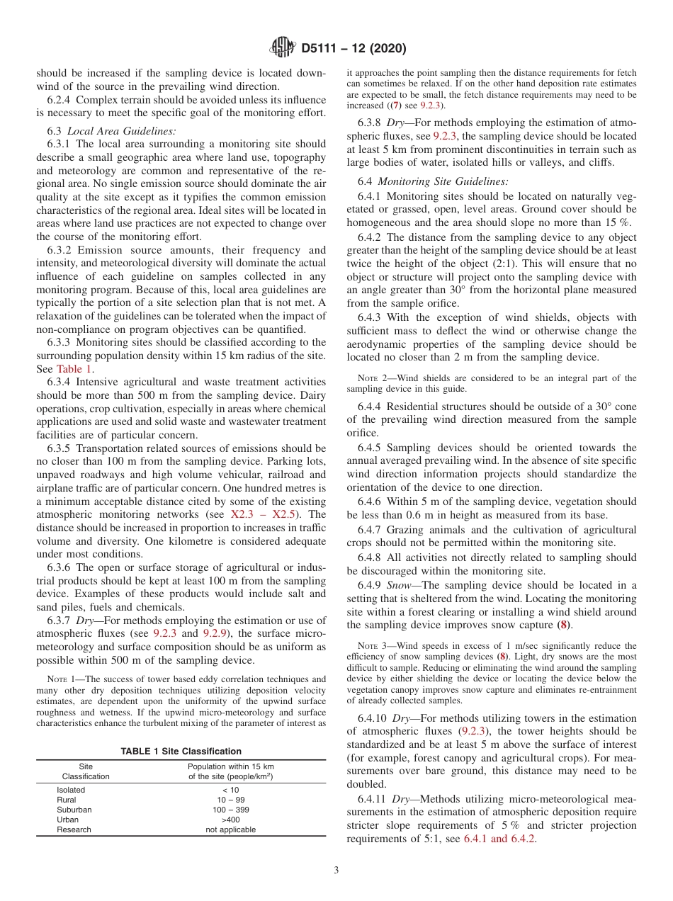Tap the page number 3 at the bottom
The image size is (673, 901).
(x=336, y=870)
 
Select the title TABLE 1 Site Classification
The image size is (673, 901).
(x=181, y=751)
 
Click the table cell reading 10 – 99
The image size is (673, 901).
(x=230, y=800)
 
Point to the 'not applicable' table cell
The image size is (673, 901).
(x=230, y=829)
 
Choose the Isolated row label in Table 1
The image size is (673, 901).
(x=71, y=790)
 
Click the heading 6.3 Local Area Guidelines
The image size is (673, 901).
(x=111, y=130)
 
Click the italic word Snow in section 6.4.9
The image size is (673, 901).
(x=400, y=585)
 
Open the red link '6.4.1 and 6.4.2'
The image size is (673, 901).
(x=499, y=839)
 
